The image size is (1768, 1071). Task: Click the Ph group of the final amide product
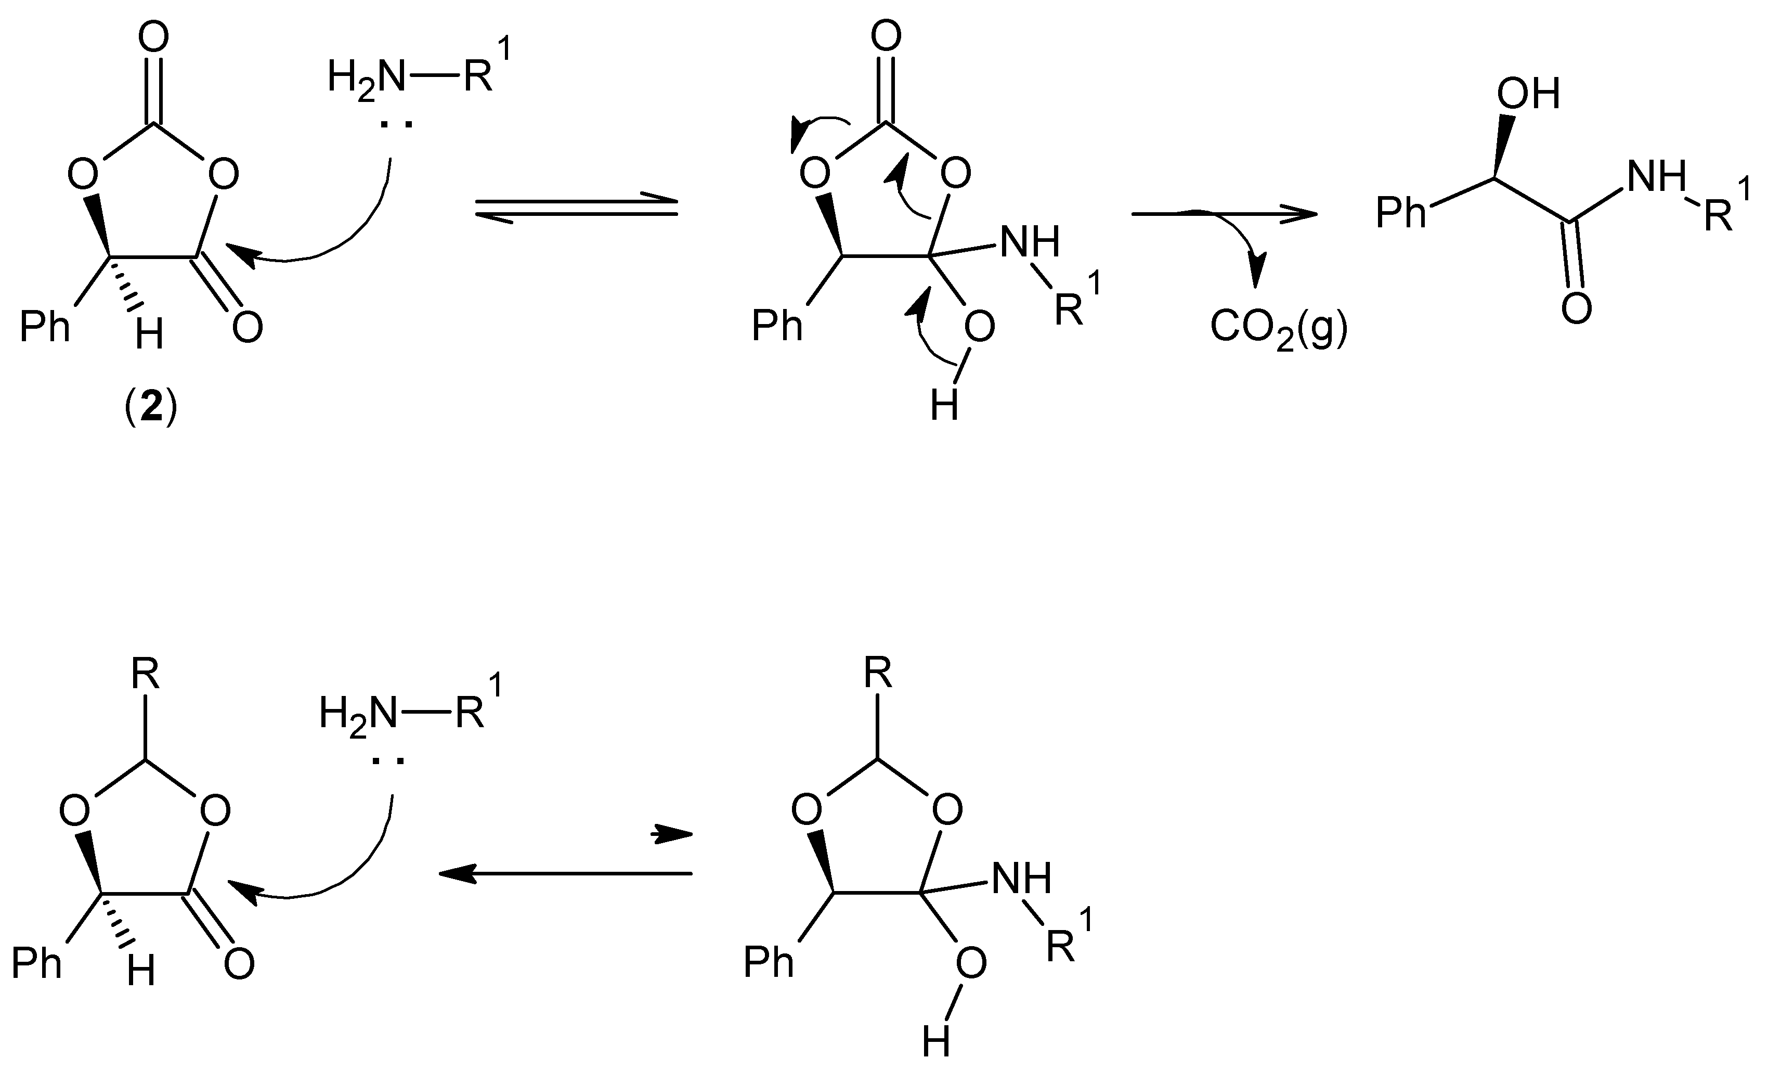point(1401,213)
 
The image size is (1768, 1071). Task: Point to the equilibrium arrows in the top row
point(577,208)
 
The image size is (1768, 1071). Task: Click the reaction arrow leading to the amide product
point(1224,213)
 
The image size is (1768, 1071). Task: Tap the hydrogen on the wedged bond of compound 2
point(149,334)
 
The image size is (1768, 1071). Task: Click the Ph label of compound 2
point(45,327)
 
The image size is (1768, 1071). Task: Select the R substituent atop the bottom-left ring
point(146,675)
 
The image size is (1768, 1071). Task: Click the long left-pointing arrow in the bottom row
point(565,873)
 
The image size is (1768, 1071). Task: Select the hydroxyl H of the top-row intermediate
point(944,406)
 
